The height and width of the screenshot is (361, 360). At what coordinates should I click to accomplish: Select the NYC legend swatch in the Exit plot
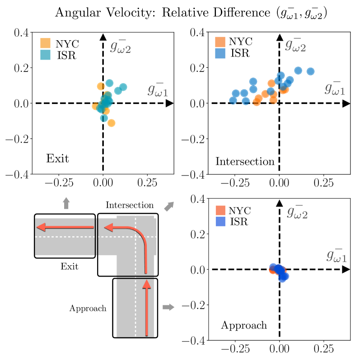pos(46,43)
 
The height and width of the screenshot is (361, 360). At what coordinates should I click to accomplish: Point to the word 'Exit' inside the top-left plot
pos(57,159)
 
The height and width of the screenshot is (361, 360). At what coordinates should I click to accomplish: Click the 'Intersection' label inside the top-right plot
pos(245,161)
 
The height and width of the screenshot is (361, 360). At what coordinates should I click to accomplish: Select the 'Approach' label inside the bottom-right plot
pos(243,325)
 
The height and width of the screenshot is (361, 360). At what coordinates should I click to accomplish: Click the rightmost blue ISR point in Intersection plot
pos(310,71)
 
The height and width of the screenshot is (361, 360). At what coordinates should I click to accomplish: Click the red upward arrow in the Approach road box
pos(146,307)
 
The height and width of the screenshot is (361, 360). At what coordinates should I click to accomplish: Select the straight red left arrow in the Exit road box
pos(65,226)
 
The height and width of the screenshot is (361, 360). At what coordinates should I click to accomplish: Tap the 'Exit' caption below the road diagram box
pos(69,267)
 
